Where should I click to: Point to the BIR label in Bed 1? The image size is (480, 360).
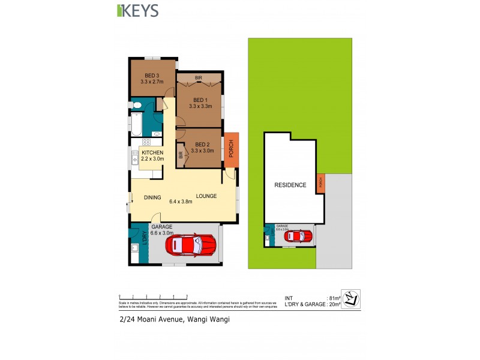199,78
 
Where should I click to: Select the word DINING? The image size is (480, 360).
152,197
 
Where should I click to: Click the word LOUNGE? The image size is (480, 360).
206,196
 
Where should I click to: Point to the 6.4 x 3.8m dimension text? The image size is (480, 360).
180,202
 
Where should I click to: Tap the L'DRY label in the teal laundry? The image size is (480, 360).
145,238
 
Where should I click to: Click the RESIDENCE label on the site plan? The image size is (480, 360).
290,185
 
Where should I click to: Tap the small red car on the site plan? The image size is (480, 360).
298,236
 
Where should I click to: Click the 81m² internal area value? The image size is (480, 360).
334,298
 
